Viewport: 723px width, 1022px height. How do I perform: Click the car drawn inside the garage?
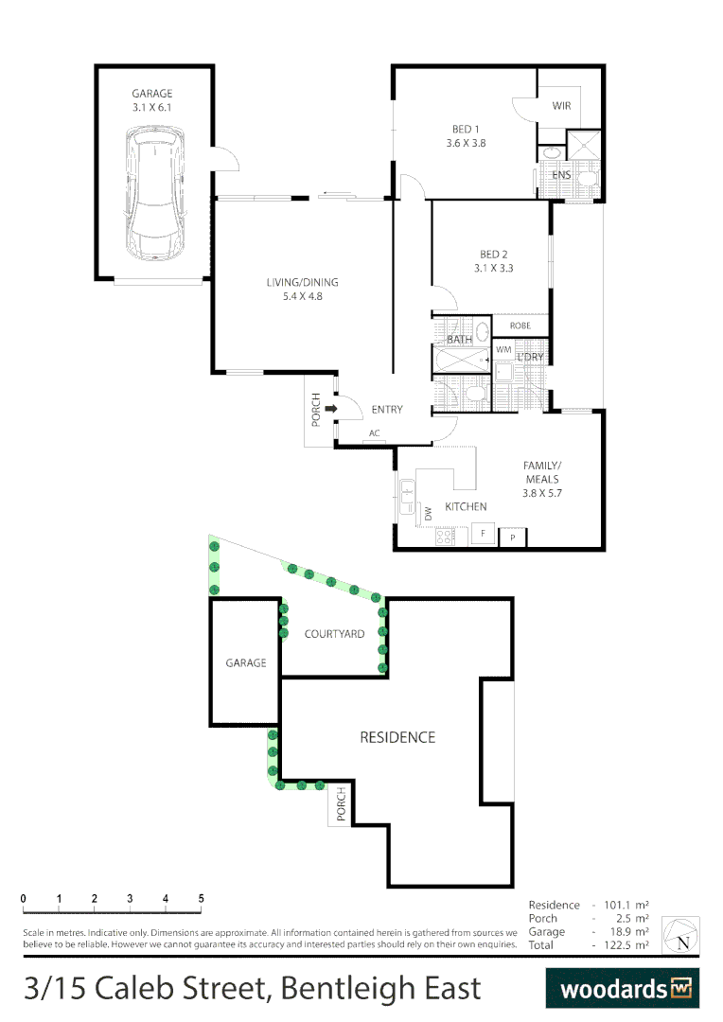click(x=156, y=196)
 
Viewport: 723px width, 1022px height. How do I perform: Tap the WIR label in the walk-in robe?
click(x=562, y=106)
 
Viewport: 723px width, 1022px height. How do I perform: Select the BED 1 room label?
click(x=466, y=130)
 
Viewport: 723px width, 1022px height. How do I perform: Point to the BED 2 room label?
click(x=494, y=255)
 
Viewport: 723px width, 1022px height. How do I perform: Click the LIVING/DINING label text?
click(x=302, y=282)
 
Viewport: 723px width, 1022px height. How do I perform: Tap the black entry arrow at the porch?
click(x=330, y=409)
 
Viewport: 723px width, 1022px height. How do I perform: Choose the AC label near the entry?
click(x=374, y=433)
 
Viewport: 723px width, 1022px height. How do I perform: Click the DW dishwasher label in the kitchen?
click(x=428, y=514)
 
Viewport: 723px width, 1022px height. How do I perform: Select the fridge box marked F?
click(x=484, y=534)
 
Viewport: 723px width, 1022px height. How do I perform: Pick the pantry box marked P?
click(x=512, y=537)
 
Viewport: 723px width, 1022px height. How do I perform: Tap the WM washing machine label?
click(x=503, y=350)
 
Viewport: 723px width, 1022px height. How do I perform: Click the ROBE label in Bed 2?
click(x=520, y=326)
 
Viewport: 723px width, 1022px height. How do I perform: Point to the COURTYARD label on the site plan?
click(x=334, y=634)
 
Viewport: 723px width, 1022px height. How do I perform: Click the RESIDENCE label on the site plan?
click(x=397, y=737)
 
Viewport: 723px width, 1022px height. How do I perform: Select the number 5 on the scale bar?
click(x=201, y=898)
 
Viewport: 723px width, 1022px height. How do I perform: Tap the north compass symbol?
click(x=681, y=935)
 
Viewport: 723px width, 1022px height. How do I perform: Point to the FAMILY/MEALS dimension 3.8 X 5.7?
click(x=542, y=493)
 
